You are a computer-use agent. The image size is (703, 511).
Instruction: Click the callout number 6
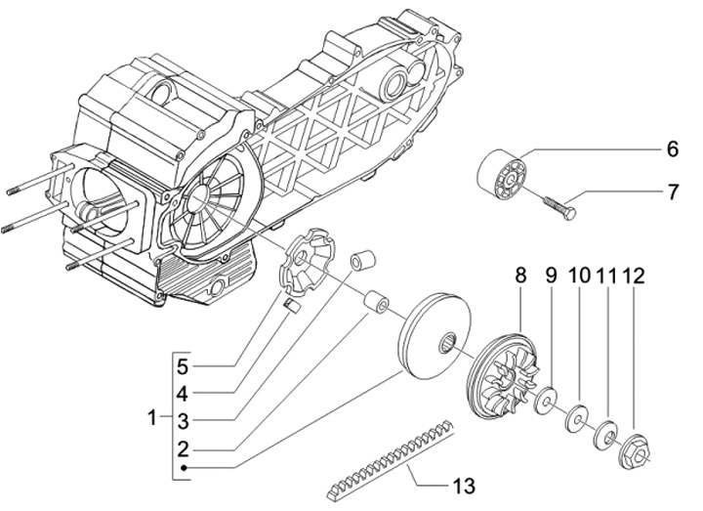pos(673,149)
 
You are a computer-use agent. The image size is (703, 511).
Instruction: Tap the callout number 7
pos(674,192)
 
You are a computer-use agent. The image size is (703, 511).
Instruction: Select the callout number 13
pos(463,486)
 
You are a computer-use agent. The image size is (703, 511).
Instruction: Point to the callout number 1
pos(152,417)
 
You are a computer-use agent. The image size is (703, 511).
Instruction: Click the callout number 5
pos(182,367)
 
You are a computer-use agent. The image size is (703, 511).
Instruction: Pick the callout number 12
pos(634,276)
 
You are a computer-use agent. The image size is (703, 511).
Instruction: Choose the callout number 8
pos(520,275)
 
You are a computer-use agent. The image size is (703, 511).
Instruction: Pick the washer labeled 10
pos(577,418)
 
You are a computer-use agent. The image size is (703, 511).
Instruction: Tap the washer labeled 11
pos(605,434)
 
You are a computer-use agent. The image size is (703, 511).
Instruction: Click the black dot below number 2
pos(184,468)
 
